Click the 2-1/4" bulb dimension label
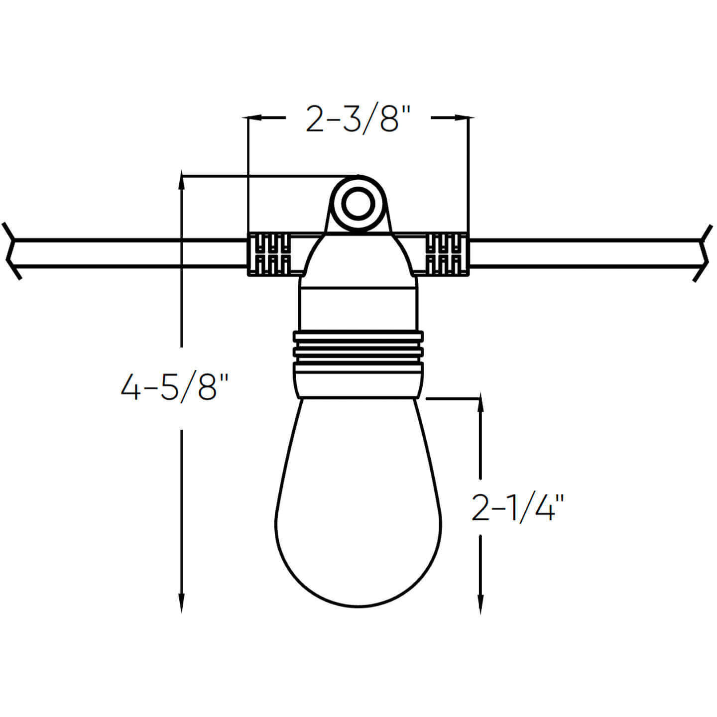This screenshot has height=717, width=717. click(518, 508)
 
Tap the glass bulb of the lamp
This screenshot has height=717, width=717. click(358, 503)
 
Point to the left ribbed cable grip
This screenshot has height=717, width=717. click(269, 253)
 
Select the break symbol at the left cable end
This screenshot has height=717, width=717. click(12, 251)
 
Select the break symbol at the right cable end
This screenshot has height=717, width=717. click(704, 253)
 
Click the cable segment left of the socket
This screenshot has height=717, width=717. click(129, 254)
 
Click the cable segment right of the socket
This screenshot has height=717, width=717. click(583, 254)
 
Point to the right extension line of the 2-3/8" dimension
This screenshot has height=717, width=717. click(469, 174)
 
